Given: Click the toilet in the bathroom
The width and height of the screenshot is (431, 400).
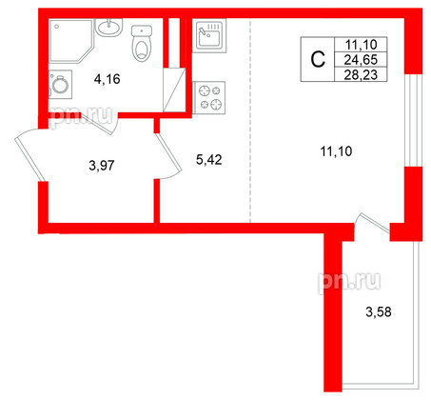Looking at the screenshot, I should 144,43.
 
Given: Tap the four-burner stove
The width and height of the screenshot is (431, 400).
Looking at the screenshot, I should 208,97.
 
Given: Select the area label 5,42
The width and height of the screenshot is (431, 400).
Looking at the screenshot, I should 208,161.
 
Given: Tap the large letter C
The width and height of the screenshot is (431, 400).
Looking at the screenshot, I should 319,59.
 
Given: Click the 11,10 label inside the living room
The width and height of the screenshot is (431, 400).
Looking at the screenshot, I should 328,149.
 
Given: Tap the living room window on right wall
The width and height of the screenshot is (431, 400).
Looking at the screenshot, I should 414,119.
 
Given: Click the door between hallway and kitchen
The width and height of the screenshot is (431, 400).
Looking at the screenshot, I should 167,155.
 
